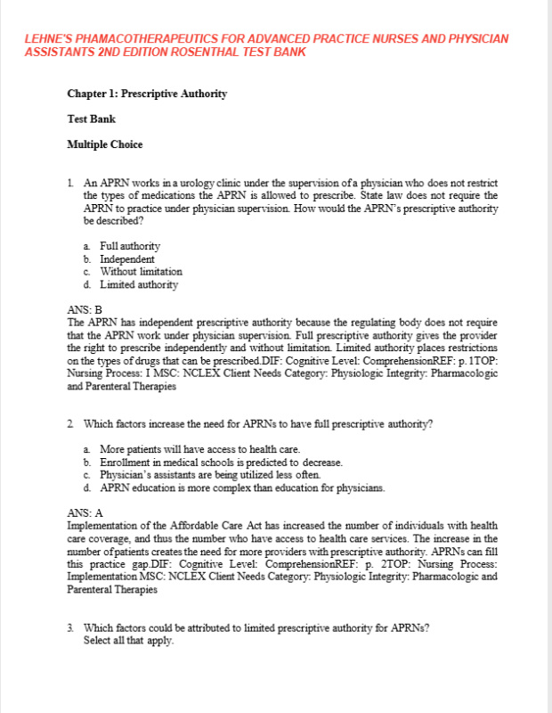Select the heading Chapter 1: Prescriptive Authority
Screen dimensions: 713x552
(147, 94)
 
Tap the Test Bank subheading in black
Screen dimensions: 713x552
(91, 119)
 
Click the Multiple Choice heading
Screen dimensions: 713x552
(105, 144)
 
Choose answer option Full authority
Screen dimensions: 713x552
(130, 246)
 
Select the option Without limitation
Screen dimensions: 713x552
(141, 271)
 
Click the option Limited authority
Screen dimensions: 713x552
(139, 284)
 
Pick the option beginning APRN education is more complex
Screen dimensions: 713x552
(242, 488)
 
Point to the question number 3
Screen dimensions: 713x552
(70, 627)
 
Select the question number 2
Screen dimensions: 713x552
(70, 423)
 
